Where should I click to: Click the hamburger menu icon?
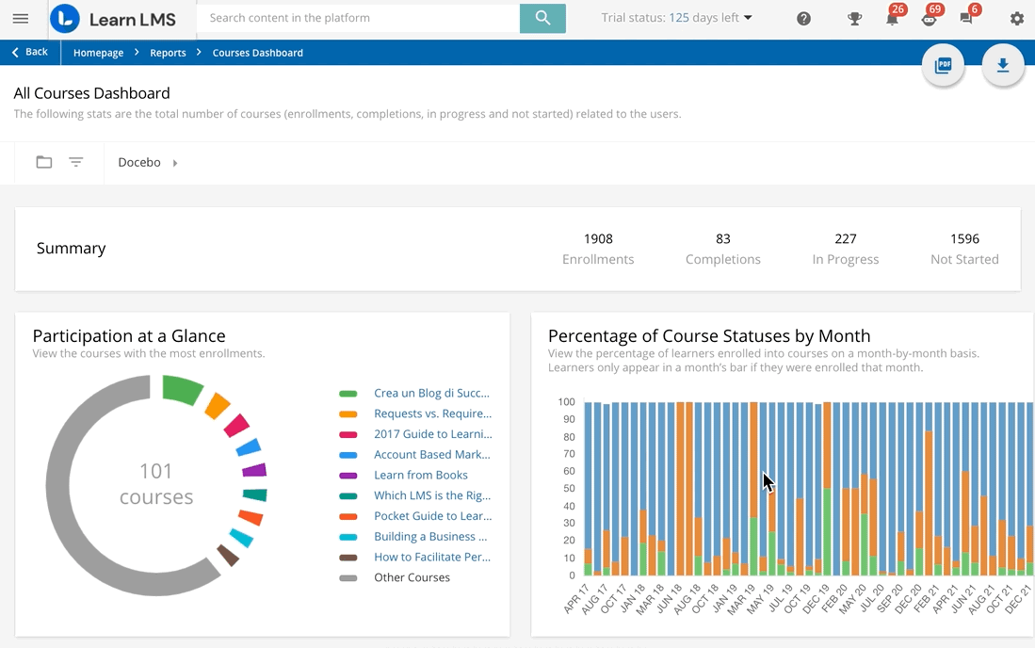click(x=20, y=19)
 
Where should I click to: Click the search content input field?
click(x=358, y=18)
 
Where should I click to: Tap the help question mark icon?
click(x=803, y=19)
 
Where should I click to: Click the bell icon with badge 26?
click(x=891, y=19)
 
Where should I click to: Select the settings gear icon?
click(x=1016, y=19)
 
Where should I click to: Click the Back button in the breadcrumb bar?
click(x=30, y=53)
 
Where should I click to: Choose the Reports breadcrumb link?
click(x=168, y=53)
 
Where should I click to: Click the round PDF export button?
click(x=943, y=66)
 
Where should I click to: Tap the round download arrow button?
click(x=1003, y=66)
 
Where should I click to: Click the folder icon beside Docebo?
click(x=44, y=162)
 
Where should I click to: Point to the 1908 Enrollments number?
click(x=598, y=239)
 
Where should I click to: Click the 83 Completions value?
click(x=722, y=239)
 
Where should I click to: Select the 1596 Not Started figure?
click(x=964, y=239)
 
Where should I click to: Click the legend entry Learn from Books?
click(x=420, y=475)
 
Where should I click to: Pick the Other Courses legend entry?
click(x=412, y=577)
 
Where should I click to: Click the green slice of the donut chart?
click(x=182, y=389)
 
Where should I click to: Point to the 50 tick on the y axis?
click(x=568, y=489)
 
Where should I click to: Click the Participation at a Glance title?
click(x=129, y=336)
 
